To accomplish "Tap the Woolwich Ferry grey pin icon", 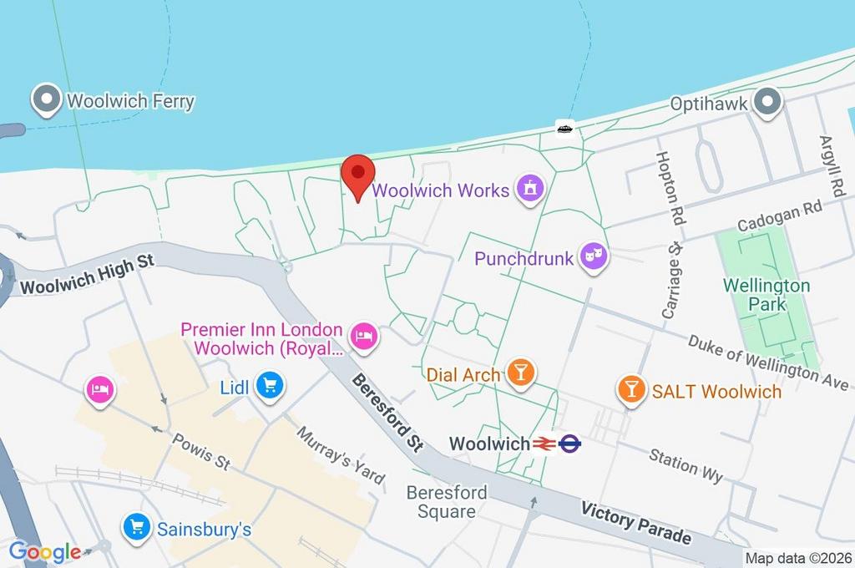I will (x=46, y=101).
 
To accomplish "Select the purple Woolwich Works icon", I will (x=529, y=189).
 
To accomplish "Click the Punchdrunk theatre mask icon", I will (x=594, y=257).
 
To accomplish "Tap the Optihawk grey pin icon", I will (x=765, y=104).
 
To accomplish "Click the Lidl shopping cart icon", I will (x=270, y=386).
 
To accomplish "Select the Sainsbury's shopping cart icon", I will (x=136, y=527).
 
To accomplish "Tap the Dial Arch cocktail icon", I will (x=521, y=373).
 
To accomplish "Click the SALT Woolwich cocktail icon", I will (x=631, y=389).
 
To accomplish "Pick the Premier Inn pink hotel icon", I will (x=363, y=337).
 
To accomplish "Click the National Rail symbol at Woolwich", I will (x=546, y=444).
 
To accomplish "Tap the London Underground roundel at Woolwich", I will (x=570, y=444).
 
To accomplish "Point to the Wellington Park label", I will (x=766, y=295).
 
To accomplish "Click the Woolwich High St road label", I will (x=88, y=275).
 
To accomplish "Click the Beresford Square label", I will (x=446, y=502).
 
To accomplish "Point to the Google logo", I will (x=45, y=552).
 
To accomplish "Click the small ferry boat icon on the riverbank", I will (x=564, y=128).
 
